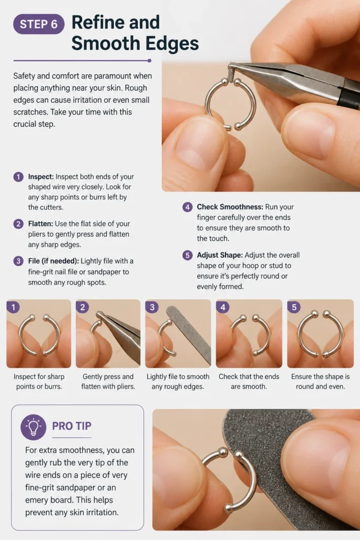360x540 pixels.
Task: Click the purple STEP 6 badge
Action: pos(38,24)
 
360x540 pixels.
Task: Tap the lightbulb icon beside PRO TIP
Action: pos(33,427)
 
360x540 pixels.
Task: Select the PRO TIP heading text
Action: pos(72,426)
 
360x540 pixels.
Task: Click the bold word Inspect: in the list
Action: pos(41,177)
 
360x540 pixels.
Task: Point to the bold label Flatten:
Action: pos(41,224)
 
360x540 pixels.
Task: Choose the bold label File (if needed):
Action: pos(53,261)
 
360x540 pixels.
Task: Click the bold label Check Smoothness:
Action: pos(230,207)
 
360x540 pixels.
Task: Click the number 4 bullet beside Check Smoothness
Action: pos(187,207)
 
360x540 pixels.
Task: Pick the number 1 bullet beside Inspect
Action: pos(18,177)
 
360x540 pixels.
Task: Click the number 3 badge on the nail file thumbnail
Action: pos(152,307)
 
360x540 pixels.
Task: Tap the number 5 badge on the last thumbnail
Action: pos(294,307)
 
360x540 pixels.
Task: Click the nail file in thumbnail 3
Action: pos(189,334)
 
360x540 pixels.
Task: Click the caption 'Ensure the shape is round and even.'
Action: pos(320,382)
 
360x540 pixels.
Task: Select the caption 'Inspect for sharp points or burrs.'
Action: pos(39,382)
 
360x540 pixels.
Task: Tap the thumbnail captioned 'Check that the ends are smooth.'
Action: pos(249,333)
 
